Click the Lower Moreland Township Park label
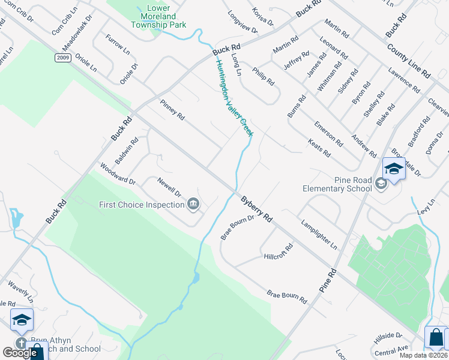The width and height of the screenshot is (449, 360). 159,17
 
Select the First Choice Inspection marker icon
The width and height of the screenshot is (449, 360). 194,205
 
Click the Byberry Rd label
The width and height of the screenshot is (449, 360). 257,209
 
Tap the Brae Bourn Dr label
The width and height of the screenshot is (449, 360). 238,228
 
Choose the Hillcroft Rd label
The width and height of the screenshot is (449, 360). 278,252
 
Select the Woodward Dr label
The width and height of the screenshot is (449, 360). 118,173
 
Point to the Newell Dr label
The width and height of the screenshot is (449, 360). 169,187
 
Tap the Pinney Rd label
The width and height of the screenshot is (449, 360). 172,109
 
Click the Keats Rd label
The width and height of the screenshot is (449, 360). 319,148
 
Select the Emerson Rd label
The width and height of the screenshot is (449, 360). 328,134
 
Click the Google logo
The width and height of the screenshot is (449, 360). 20,353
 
